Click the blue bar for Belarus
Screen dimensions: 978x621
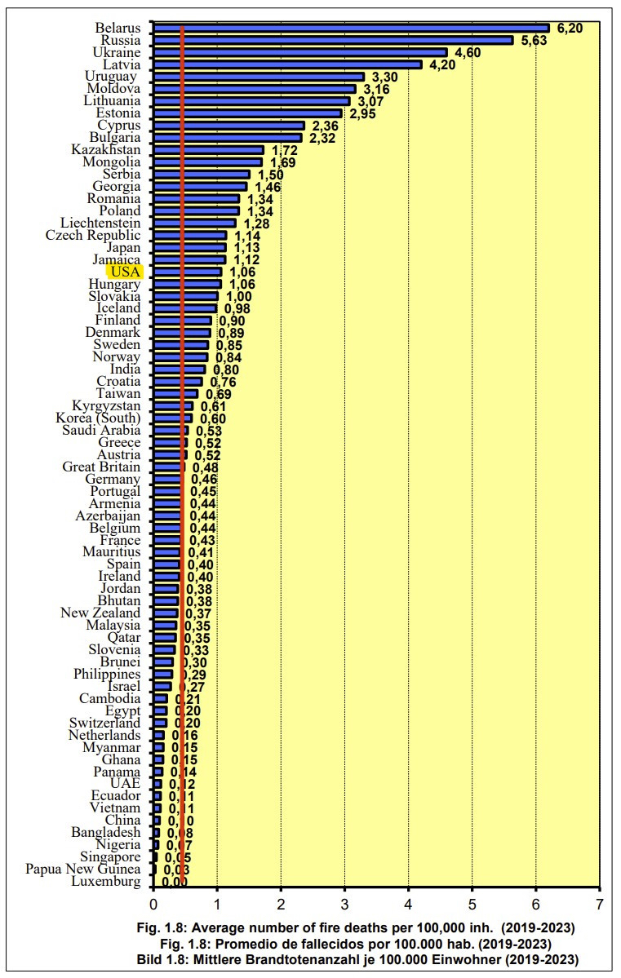(x=351, y=28)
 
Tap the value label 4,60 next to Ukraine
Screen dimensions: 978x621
(x=468, y=53)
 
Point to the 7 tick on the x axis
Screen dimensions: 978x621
(x=600, y=905)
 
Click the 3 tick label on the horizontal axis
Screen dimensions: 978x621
(x=344, y=905)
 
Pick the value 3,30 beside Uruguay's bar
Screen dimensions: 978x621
(x=385, y=77)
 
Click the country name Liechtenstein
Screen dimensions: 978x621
(x=100, y=223)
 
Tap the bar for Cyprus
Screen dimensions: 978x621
(x=228, y=126)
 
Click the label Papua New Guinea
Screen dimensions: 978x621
(x=82, y=870)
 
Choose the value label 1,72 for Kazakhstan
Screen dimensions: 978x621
(x=284, y=151)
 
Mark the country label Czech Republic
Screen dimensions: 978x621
(x=93, y=235)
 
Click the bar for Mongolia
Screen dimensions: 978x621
(x=207, y=162)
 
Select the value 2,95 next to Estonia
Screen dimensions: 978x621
(x=364, y=113)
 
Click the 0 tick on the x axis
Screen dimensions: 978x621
(x=153, y=905)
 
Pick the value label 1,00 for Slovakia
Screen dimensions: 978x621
(x=239, y=296)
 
